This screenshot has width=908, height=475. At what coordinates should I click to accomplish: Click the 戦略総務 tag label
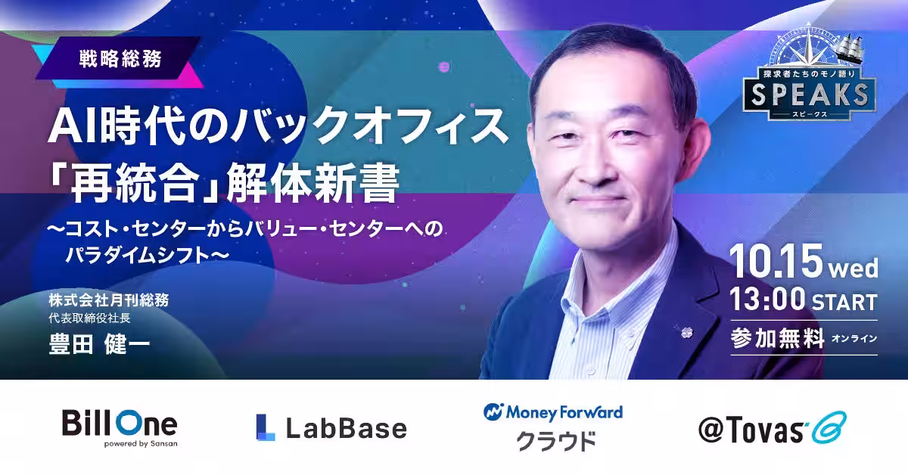click(120, 59)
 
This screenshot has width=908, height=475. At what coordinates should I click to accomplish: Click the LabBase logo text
click(347, 428)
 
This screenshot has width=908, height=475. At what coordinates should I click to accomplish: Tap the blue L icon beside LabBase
click(266, 427)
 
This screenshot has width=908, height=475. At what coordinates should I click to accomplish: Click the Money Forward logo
click(553, 427)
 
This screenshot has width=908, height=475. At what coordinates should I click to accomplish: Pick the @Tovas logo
click(773, 428)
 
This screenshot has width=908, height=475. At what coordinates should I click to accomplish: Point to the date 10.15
click(776, 262)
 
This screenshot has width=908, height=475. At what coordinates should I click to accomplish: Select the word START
click(844, 303)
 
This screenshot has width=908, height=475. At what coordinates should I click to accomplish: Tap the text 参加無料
click(778, 338)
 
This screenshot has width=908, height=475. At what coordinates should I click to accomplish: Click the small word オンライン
click(854, 338)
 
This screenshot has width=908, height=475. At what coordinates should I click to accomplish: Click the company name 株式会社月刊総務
click(109, 300)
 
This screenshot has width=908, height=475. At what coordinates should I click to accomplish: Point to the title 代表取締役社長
click(89, 318)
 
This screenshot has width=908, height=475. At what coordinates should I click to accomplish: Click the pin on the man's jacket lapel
click(686, 332)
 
